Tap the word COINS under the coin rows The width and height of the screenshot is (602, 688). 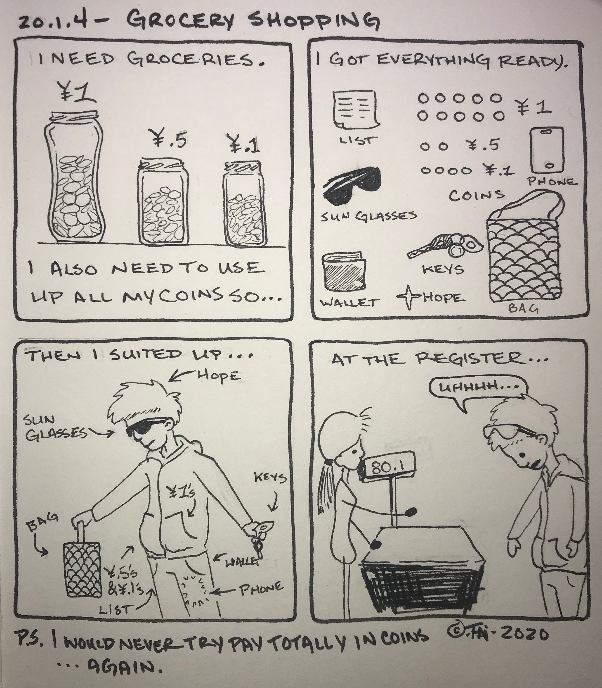[477, 195]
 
